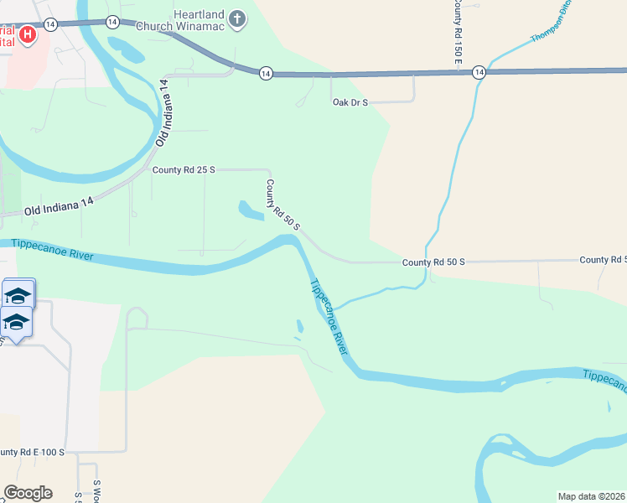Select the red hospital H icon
[28, 34]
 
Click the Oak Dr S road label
[350, 102]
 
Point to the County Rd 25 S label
[184, 169]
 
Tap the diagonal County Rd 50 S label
[282, 206]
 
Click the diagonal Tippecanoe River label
[329, 317]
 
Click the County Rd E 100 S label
[32, 453]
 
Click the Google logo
[28, 493]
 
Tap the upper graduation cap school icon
[18, 294]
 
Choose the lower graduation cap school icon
[16, 321]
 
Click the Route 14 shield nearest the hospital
[51, 24]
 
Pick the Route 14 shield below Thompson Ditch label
[478, 73]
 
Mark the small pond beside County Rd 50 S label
[251, 210]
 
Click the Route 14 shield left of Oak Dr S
[265, 74]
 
